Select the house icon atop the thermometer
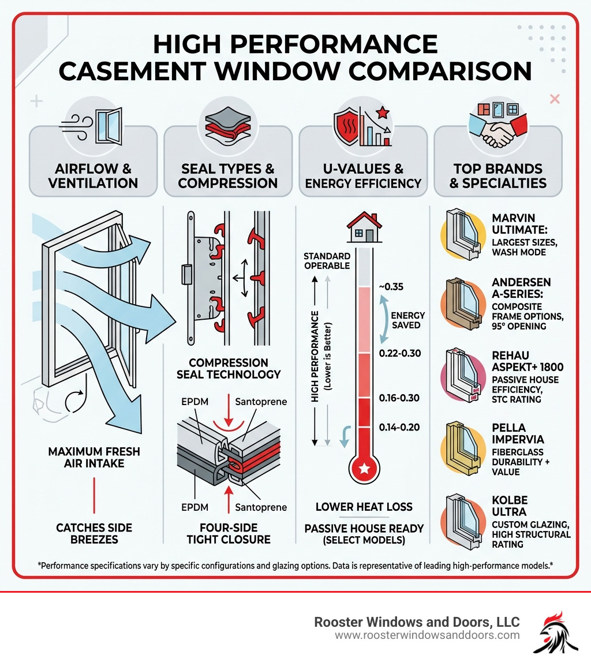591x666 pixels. pyautogui.click(x=364, y=227)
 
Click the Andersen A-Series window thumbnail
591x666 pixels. pyautogui.click(x=464, y=303)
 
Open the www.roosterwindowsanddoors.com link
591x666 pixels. pyautogui.click(x=427, y=635)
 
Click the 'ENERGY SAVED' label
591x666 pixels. pyautogui.click(x=407, y=320)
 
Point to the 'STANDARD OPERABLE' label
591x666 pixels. pyautogui.click(x=327, y=260)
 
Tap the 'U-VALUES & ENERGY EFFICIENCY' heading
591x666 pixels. pyautogui.click(x=363, y=176)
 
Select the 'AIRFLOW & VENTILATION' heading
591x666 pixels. pyautogui.click(x=93, y=176)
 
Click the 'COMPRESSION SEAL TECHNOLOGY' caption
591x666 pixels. pyautogui.click(x=229, y=368)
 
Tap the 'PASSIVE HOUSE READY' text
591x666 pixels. pyautogui.click(x=364, y=528)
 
